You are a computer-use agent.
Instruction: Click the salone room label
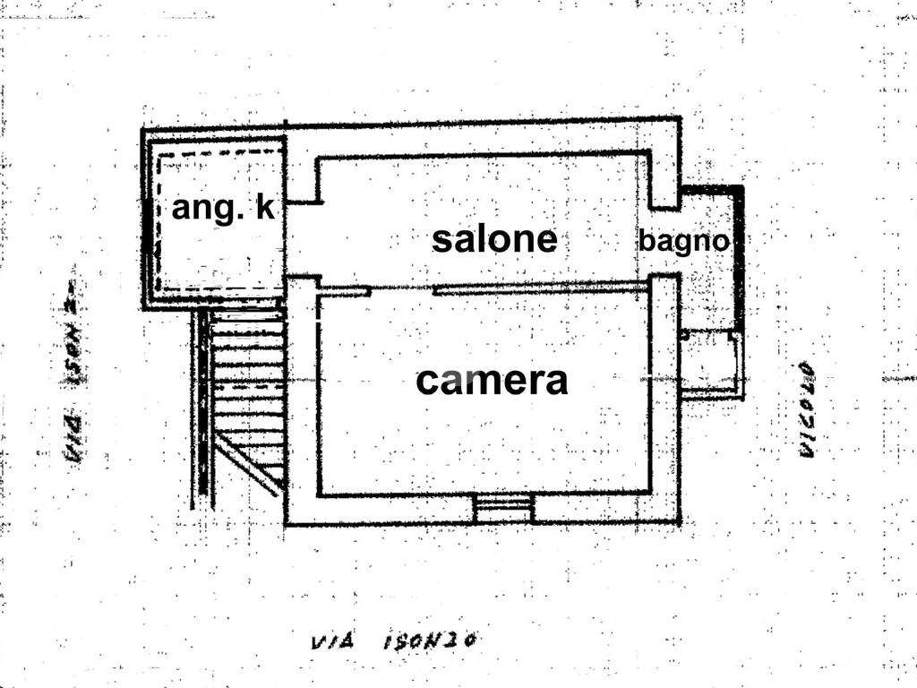[494, 240]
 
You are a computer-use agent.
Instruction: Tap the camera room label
[492, 381]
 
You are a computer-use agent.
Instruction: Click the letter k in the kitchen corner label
[264, 208]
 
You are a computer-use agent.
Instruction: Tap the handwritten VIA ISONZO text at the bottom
[391, 641]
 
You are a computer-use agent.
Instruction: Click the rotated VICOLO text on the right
[807, 408]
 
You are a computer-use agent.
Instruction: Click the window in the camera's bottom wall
[503, 509]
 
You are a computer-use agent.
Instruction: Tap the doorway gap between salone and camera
[402, 290]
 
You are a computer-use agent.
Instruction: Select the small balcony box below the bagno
[712, 363]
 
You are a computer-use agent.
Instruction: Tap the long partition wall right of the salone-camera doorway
[540, 288]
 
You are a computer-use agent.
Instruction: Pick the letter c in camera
[427, 383]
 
